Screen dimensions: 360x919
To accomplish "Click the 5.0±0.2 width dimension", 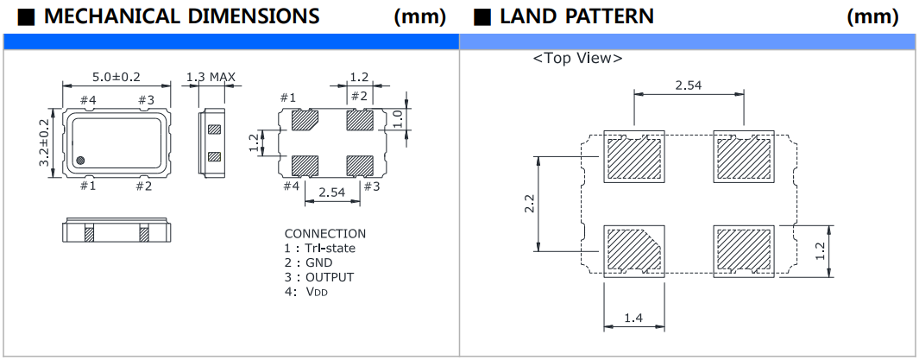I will (116, 78).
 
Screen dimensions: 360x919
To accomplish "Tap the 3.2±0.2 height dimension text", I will (42, 142).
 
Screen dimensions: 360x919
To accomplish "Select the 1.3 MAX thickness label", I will (211, 78).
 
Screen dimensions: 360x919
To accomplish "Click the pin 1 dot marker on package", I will (80, 160).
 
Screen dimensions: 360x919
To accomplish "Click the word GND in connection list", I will (318, 262).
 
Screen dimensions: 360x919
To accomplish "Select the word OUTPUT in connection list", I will (329, 277).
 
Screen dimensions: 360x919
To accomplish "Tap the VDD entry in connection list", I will (316, 292).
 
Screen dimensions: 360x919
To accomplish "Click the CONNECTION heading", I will (324, 234).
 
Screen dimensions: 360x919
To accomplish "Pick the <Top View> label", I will (577, 59).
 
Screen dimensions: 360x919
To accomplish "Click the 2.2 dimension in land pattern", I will (530, 204).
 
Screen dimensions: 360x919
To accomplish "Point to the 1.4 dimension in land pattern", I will (634, 319).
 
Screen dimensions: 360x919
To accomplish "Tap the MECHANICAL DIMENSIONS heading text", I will (180, 16).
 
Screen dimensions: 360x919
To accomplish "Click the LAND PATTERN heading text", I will (576, 16).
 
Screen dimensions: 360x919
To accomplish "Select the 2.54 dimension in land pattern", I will (688, 85).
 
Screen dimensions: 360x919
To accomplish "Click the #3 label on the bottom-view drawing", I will (371, 186).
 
